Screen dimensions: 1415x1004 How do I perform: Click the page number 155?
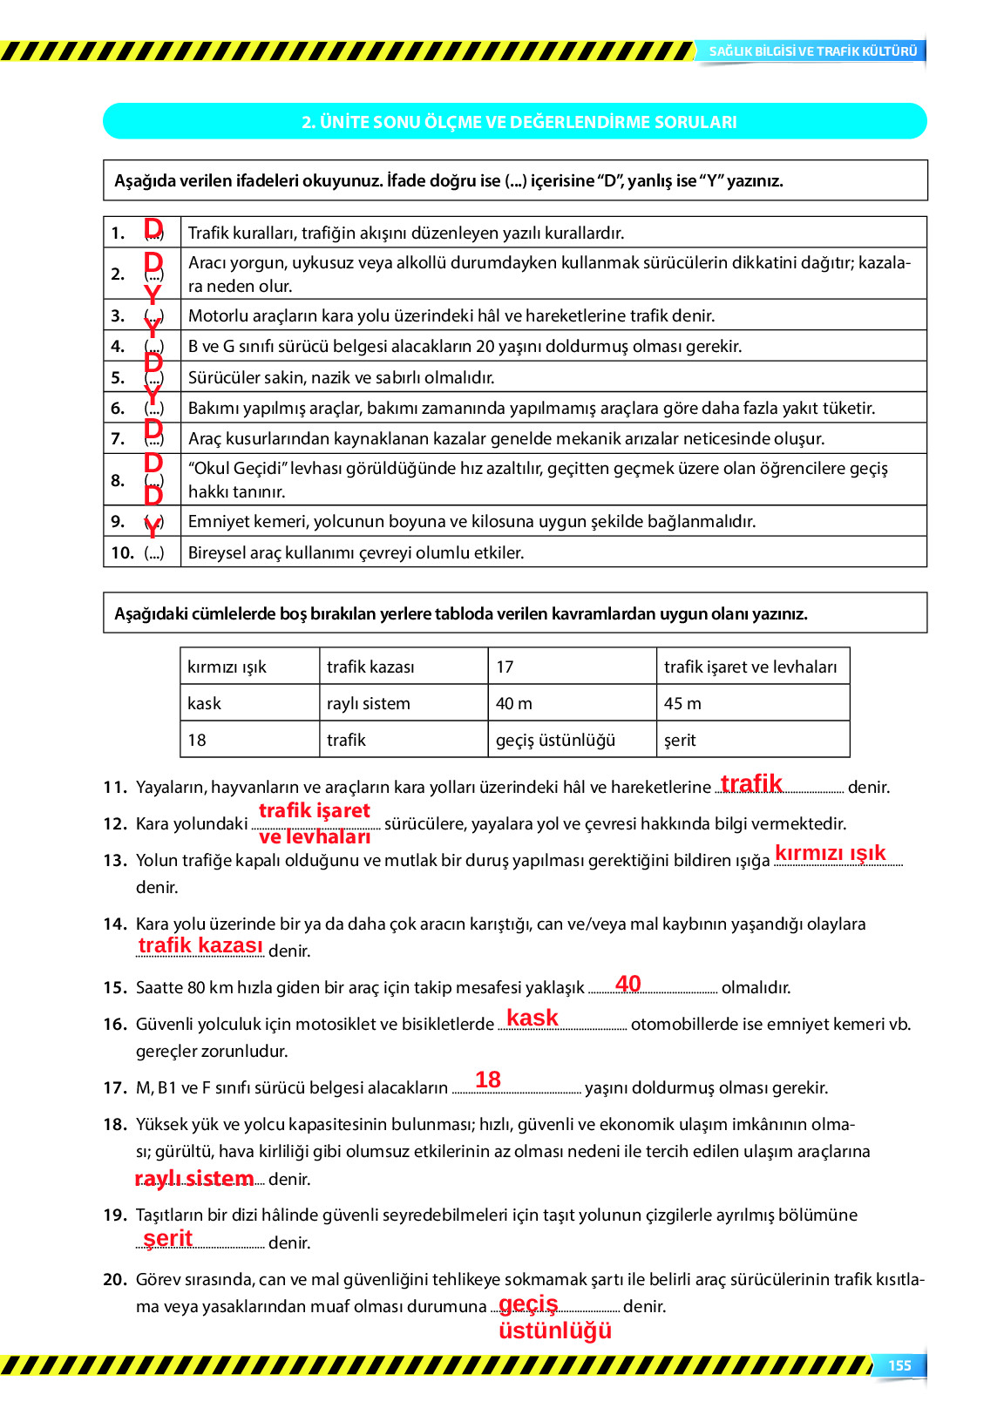(899, 1365)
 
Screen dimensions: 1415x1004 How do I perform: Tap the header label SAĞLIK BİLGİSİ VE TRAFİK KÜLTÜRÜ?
(812, 51)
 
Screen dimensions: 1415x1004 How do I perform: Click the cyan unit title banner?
(515, 122)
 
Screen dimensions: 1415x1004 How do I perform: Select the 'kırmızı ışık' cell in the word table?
(227, 667)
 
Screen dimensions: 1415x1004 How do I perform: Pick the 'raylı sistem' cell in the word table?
(368, 703)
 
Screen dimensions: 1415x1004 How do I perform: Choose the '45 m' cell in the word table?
(682, 703)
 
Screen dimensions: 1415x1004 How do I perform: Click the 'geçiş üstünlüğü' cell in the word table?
(555, 740)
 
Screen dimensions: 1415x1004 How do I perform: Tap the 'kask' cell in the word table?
(205, 703)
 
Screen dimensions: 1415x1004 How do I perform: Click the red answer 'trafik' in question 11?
(751, 783)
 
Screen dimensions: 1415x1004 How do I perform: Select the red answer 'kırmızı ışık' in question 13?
(830, 853)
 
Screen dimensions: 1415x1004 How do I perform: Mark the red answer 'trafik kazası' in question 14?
(200, 945)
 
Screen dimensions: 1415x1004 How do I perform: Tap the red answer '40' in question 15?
(628, 984)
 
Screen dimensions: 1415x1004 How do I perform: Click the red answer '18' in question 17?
(488, 1080)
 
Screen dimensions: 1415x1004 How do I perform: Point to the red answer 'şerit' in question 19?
(168, 1238)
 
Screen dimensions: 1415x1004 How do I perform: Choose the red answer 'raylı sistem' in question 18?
(194, 1178)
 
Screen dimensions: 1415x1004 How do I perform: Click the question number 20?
(115, 1279)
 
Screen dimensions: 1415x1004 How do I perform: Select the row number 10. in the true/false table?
(122, 552)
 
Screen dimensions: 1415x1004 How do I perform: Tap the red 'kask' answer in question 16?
(533, 1018)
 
